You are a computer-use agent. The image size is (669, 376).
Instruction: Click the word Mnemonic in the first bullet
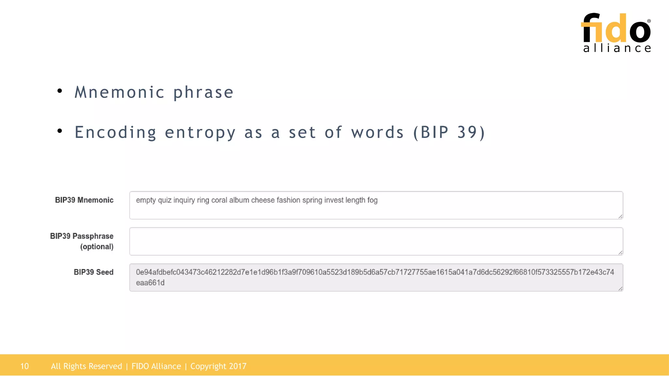[x=120, y=92]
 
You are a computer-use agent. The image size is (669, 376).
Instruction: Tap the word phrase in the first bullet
[x=203, y=92]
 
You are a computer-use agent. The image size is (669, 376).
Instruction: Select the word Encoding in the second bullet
[x=115, y=133]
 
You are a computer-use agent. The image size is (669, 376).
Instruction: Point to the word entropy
[x=200, y=133]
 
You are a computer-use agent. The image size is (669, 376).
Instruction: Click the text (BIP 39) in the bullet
[x=449, y=133]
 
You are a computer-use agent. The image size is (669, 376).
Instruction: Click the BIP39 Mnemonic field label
[x=84, y=200]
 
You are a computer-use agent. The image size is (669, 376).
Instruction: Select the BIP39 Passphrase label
[x=82, y=236]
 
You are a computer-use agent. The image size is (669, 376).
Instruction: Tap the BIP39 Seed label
[x=93, y=272]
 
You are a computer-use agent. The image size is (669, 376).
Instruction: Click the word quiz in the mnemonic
[x=165, y=200]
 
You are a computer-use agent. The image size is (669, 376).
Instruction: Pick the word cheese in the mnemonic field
[x=263, y=200]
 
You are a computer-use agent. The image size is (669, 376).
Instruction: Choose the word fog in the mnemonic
[x=372, y=200]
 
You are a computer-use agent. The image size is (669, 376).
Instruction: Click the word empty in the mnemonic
[x=146, y=200]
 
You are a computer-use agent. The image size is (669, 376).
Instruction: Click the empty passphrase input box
[x=376, y=241]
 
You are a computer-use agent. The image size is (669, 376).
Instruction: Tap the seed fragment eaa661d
[x=150, y=283]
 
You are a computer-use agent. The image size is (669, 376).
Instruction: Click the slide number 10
[x=24, y=366]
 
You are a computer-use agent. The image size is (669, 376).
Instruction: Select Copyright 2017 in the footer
[x=218, y=366]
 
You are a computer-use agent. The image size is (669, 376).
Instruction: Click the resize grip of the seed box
[x=620, y=289]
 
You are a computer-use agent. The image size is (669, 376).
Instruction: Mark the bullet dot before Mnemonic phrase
[x=59, y=91]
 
